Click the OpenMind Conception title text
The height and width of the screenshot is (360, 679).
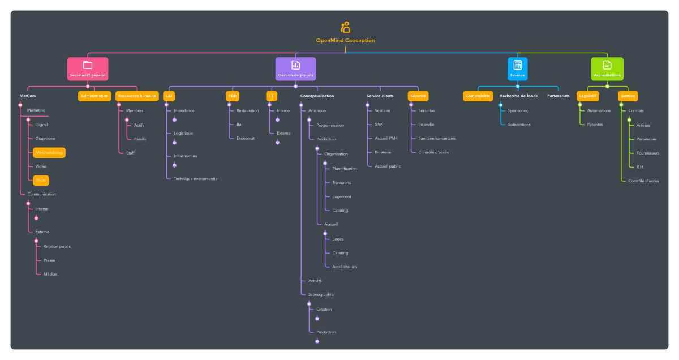pos(345,40)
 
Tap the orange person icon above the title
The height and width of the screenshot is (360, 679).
pos(345,27)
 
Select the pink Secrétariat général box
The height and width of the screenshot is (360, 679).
pos(87,68)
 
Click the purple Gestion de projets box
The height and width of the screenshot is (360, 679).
pos(295,68)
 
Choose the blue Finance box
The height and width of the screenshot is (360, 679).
pos(517,68)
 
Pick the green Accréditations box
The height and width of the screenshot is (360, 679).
pos(607,68)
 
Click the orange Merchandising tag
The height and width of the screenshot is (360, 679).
pos(49,152)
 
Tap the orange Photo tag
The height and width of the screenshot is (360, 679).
pos(41,180)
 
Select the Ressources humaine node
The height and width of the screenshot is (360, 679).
pos(137,96)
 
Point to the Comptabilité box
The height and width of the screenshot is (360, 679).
pos(478,96)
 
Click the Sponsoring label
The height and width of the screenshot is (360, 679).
pos(518,110)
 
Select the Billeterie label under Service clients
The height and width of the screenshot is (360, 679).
pos(383,152)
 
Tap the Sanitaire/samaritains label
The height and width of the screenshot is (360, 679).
pos(437,138)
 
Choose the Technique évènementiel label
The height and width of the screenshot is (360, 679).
pos(196,178)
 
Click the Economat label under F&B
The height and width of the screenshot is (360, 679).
pos(246,138)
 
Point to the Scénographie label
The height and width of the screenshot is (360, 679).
pos(321,294)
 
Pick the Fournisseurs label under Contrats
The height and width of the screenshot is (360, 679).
pos(648,153)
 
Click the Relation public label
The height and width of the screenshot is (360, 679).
pos(57,246)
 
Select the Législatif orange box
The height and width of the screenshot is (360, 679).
pos(587,96)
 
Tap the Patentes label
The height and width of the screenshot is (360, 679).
pos(595,125)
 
